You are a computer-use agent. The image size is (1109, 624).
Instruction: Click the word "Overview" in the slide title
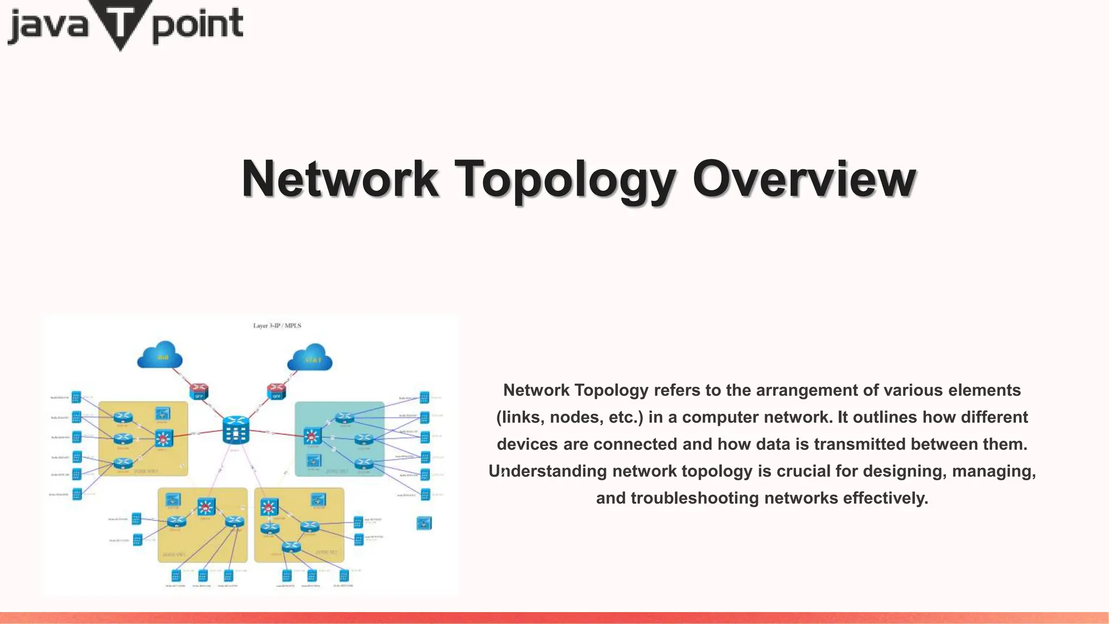click(x=804, y=179)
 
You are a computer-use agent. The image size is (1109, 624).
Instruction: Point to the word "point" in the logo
click(x=198, y=25)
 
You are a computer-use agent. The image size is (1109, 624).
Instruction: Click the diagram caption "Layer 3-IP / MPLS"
click(x=277, y=326)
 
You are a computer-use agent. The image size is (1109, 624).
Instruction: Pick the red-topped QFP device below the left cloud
click(x=199, y=391)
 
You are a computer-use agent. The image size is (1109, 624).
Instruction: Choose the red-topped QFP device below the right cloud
click(x=276, y=391)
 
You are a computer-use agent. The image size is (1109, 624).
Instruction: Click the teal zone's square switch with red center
click(x=312, y=436)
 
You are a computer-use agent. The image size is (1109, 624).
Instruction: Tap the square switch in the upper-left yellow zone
click(x=164, y=438)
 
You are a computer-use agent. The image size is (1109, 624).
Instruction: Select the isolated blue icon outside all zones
click(x=424, y=523)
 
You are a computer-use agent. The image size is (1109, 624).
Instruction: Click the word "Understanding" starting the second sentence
click(x=547, y=471)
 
